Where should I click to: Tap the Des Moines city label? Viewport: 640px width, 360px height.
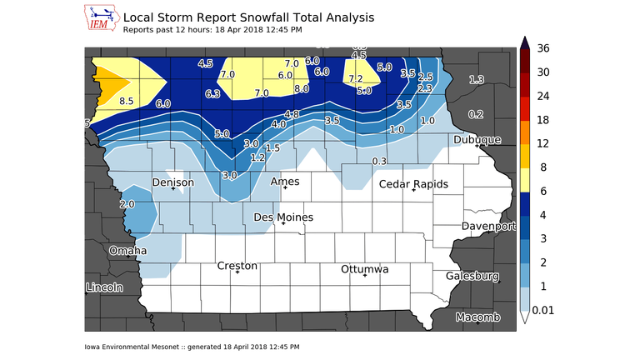point(283,217)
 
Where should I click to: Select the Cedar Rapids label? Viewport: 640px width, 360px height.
point(414,184)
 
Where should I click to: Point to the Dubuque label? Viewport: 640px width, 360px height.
point(477,140)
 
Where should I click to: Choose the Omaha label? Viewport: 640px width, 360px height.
point(128,250)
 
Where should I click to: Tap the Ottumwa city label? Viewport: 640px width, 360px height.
point(365,269)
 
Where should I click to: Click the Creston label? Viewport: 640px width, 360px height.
point(237,266)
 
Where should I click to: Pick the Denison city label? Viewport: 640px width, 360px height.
point(173,182)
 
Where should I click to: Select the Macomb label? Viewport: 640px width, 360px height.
point(477,317)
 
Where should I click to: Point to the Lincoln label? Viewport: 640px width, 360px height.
point(104,287)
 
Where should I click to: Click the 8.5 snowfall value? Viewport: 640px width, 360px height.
point(127,101)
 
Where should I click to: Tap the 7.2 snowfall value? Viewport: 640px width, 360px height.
point(356,79)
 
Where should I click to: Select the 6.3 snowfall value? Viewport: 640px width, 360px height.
point(212,94)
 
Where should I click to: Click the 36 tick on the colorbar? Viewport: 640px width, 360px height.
point(543,48)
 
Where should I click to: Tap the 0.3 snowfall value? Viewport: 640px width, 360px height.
point(379,160)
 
